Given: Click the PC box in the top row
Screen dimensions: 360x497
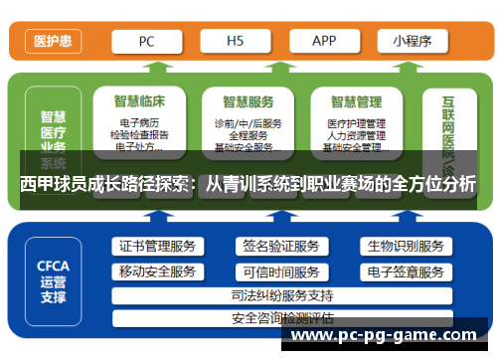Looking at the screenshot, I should pyautogui.click(x=146, y=42).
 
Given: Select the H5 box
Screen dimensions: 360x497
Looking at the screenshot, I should pyautogui.click(x=236, y=42).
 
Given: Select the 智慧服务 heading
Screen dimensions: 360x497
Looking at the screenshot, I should pyautogui.click(x=249, y=101).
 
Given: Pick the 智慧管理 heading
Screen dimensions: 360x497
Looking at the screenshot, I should pyautogui.click(x=357, y=101).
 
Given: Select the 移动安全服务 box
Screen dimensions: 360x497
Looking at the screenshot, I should pyautogui.click(x=157, y=271).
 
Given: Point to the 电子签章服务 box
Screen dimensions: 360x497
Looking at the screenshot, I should pyautogui.click(x=405, y=271).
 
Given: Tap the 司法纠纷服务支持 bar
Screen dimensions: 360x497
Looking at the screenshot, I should pyautogui.click(x=281, y=295).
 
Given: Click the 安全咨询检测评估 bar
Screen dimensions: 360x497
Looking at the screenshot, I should pyautogui.click(x=281, y=318).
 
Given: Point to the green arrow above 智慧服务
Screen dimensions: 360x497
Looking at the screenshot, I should pyautogui.click(x=248, y=70).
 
